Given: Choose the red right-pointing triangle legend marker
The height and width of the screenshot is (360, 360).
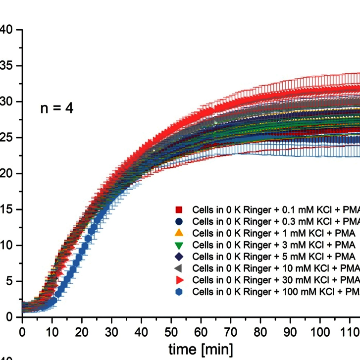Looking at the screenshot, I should click(x=180, y=280).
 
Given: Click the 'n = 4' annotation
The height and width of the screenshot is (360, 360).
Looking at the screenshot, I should click(x=57, y=108).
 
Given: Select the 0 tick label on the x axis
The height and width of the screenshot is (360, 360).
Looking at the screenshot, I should click(x=22, y=330).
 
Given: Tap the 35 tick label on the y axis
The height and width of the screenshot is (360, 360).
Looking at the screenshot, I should click(x=6, y=66).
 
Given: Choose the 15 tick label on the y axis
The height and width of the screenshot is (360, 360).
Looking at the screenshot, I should click(x=6, y=209).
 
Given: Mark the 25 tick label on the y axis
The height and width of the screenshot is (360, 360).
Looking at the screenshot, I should click(x=6, y=138).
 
